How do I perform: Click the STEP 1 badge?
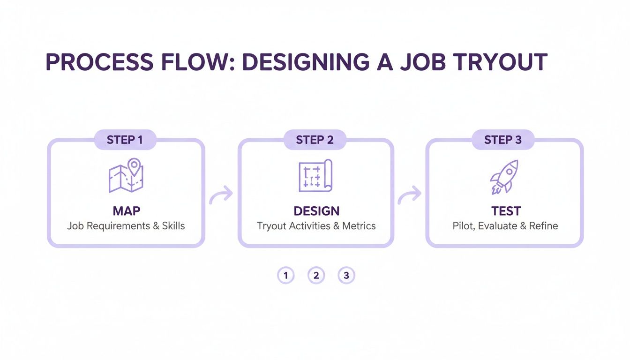click(125, 140)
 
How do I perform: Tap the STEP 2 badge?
click(315, 140)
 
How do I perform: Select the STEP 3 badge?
click(502, 140)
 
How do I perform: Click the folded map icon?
click(126, 177)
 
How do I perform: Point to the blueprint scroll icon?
click(315, 176)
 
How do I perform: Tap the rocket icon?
click(503, 177)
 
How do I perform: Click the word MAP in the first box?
click(126, 211)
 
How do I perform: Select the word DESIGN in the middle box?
click(316, 211)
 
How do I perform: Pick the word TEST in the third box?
click(506, 211)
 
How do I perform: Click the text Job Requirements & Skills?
click(126, 226)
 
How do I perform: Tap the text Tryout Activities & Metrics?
click(316, 226)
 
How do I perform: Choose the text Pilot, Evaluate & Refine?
click(505, 226)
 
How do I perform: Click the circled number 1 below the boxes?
click(285, 276)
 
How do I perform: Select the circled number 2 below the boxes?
click(316, 276)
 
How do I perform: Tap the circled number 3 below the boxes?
click(346, 276)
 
